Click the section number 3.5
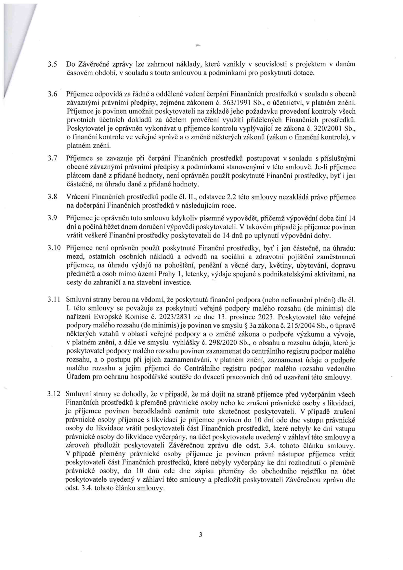point(53,64)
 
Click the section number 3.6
point(53,95)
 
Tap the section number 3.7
point(53,158)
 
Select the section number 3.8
point(53,197)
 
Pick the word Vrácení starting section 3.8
point(77,197)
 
